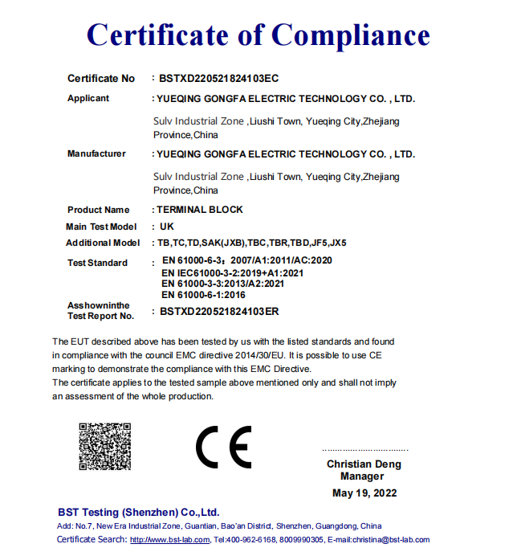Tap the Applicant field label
coord(88,99)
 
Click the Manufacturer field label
coord(96,153)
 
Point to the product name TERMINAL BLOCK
coord(200,210)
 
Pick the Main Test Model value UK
coord(167,227)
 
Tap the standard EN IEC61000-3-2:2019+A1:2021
coord(234,272)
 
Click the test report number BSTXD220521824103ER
coord(219,310)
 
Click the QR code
coord(104,446)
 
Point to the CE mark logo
coord(223,448)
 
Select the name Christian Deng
coord(364,464)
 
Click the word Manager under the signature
coord(362,476)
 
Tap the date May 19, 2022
coord(364,493)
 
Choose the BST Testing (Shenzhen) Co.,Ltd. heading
coord(138,512)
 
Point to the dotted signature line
coord(364,450)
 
